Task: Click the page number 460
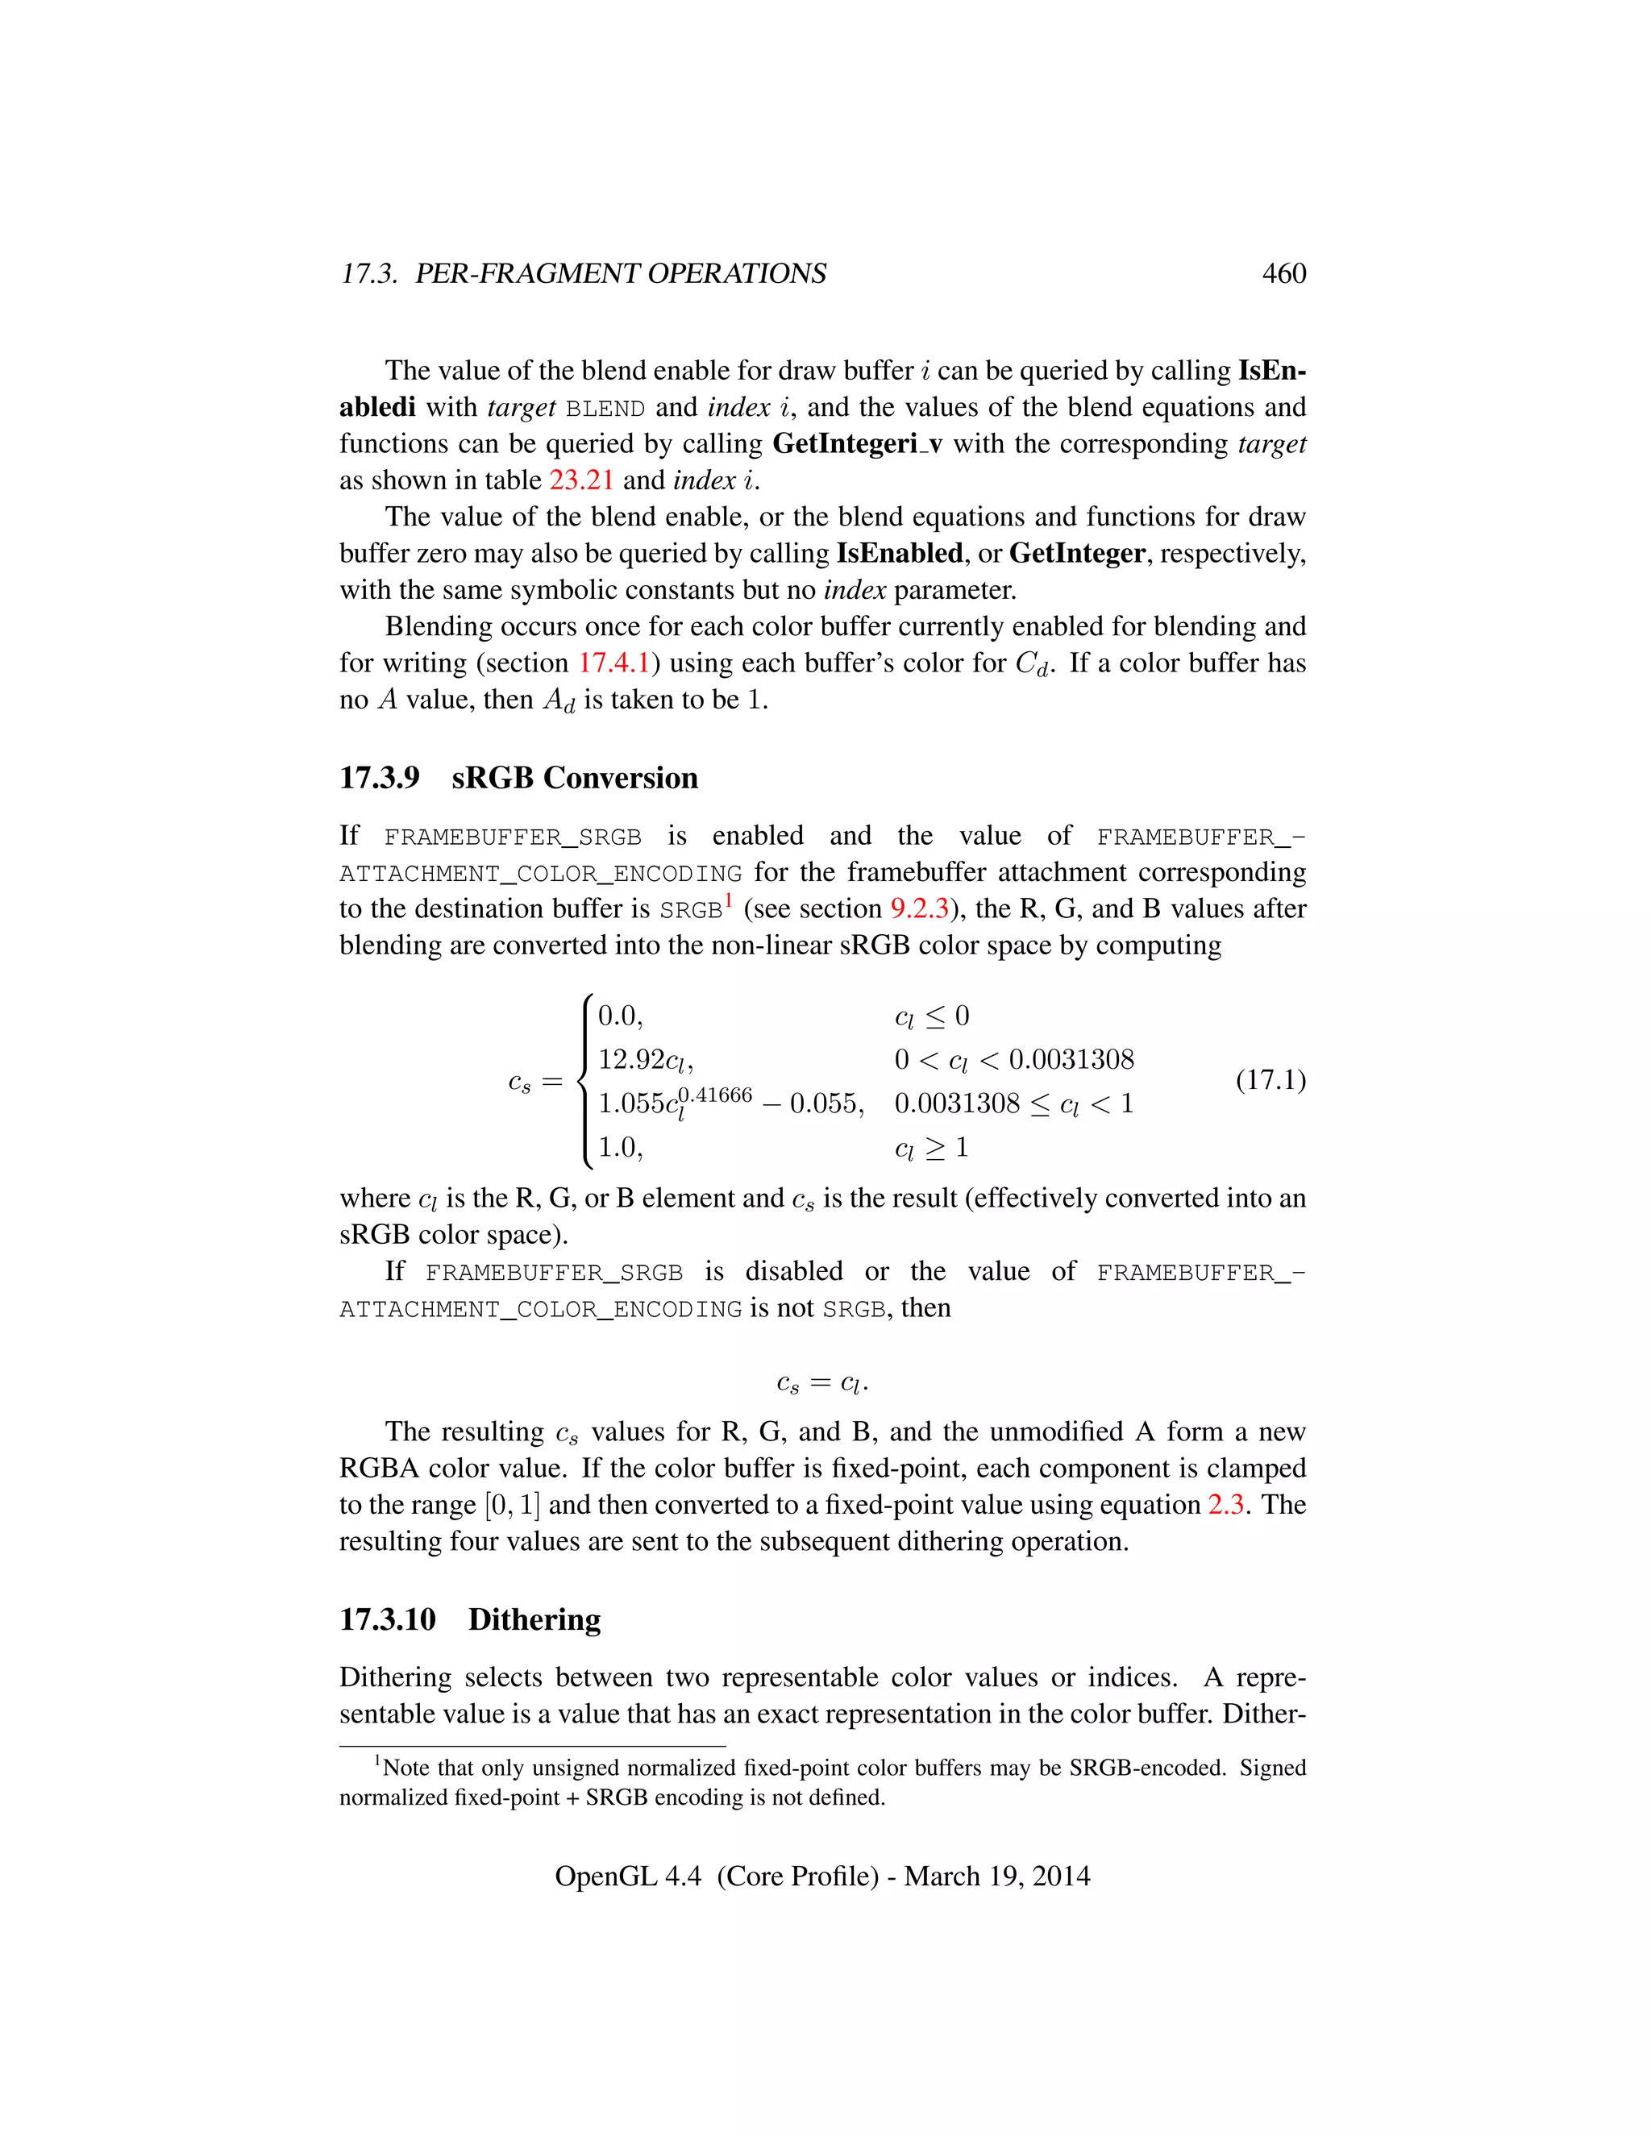(1283, 273)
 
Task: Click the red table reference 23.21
(581, 480)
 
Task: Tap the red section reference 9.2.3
(919, 908)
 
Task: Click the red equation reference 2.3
(1225, 1504)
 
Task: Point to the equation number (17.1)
(1270, 1080)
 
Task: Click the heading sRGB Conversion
(574, 778)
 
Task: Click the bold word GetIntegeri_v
(857, 444)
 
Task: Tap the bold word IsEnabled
(899, 554)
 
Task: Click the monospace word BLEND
(605, 409)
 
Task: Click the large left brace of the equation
(584, 1081)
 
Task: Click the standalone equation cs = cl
(821, 1383)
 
